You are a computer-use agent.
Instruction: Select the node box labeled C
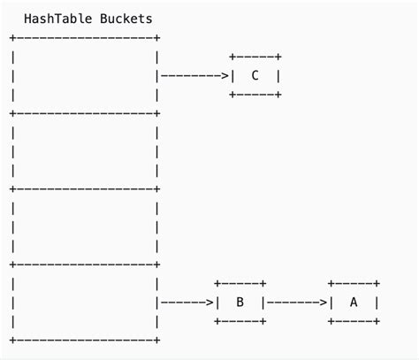coord(255,75)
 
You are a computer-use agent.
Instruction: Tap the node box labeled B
coord(240,302)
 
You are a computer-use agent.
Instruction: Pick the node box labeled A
coord(354,302)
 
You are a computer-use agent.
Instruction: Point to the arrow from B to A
coord(296,303)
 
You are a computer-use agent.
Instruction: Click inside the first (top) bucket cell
coord(85,76)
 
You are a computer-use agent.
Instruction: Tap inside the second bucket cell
coord(85,151)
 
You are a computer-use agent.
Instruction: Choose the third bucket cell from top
coord(85,226)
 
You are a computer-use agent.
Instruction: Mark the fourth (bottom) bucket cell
coord(85,303)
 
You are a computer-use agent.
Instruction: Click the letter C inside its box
coord(255,75)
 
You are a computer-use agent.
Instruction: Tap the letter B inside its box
coord(240,302)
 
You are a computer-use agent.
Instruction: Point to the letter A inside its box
coord(354,302)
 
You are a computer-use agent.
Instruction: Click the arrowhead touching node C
coord(225,76)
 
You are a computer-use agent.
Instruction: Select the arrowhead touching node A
coord(324,303)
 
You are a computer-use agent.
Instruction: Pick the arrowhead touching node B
coord(210,303)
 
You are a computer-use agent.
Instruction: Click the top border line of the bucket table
coord(85,38)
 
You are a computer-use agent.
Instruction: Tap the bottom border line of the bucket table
coord(85,340)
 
